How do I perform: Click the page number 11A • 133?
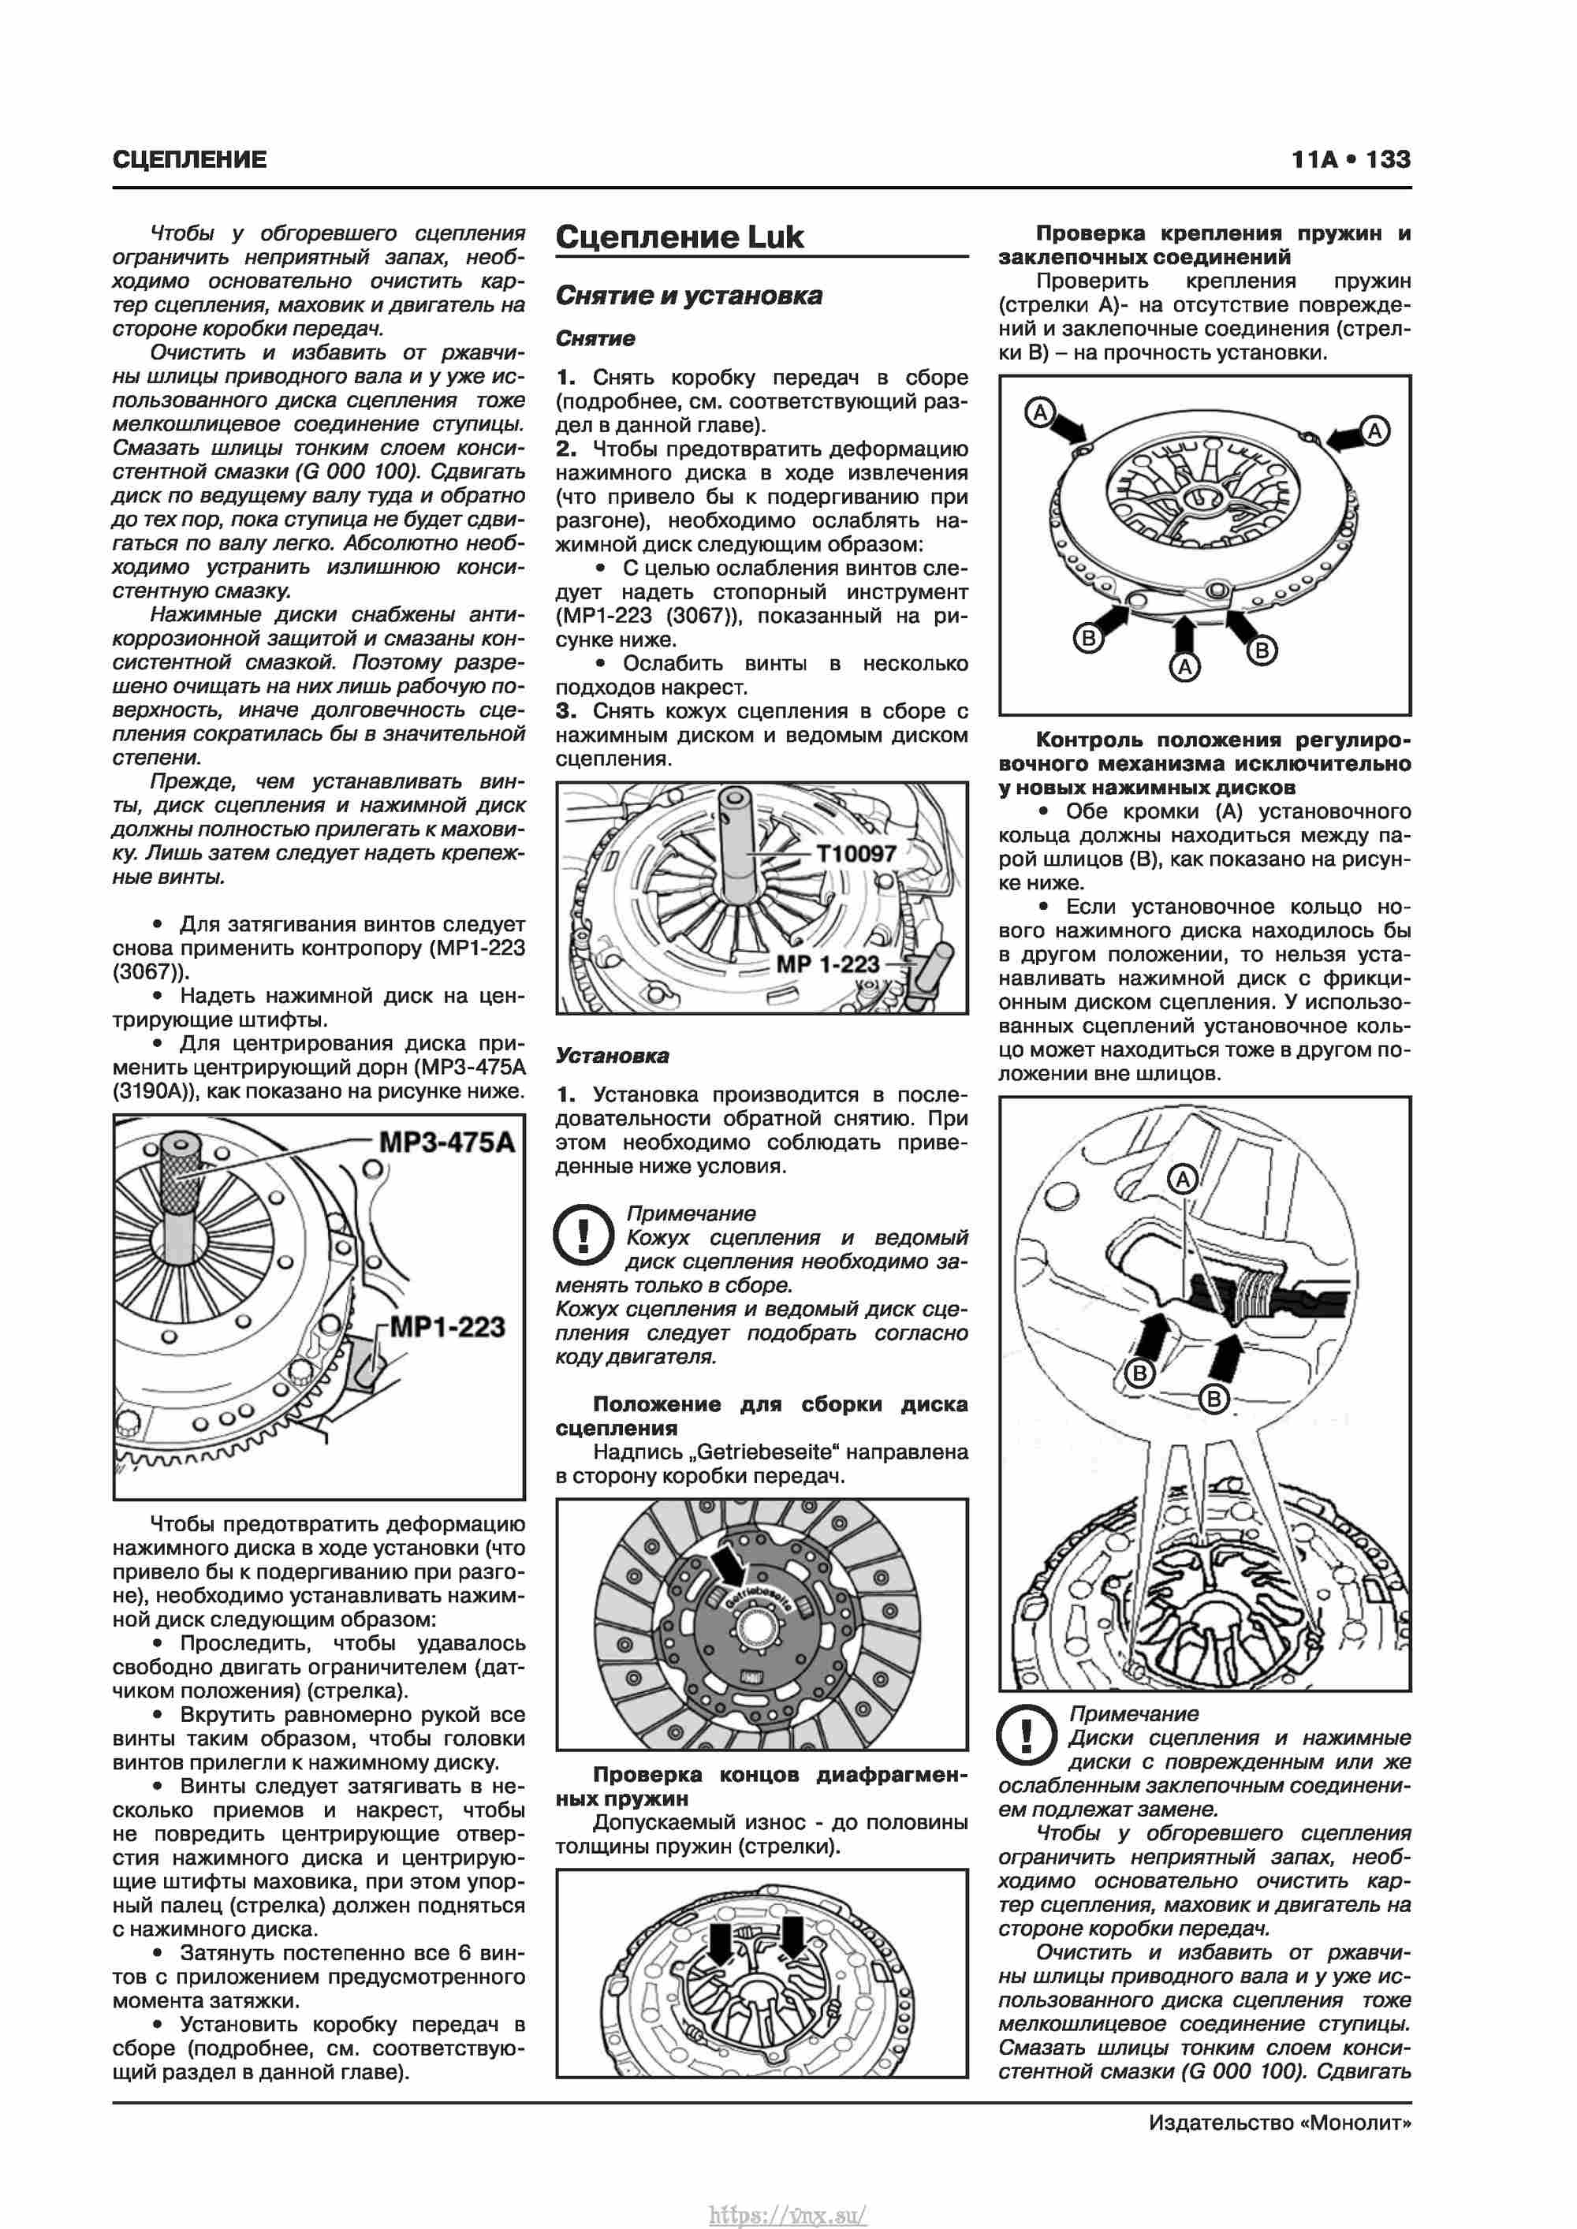coord(1350,159)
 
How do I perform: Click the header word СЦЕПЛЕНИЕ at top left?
coord(189,160)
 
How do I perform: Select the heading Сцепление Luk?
coord(679,237)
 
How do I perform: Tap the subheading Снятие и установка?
coord(688,295)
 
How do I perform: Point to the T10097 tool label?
coord(856,853)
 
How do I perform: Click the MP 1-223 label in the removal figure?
coord(827,964)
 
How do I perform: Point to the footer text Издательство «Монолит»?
coord(1279,2123)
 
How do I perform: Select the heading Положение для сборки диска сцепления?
coord(762,1415)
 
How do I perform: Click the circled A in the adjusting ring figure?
coord(1183,1180)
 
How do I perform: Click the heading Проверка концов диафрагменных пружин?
coord(762,1787)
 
